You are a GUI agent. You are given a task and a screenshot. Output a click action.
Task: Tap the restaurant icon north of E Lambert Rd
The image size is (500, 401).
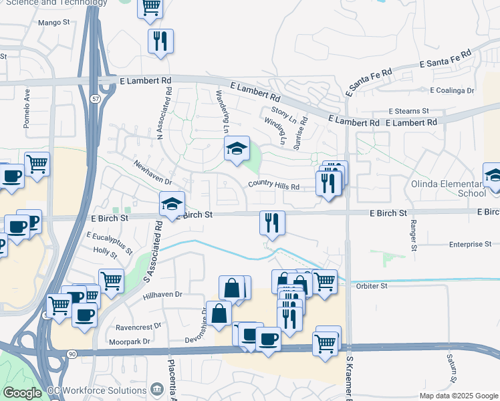(x=161, y=41)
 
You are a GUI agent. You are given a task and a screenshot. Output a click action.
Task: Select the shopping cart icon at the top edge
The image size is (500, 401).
(x=150, y=7)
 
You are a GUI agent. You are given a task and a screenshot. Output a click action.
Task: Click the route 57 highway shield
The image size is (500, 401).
(x=96, y=98)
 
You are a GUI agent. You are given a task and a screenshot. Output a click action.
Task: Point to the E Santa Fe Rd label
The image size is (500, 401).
(x=445, y=61)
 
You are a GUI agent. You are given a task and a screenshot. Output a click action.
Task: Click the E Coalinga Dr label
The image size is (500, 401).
(x=452, y=90)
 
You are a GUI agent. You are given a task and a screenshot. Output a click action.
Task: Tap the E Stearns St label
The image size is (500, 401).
(x=408, y=111)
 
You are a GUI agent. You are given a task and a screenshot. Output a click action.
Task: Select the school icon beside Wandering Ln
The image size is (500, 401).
(x=236, y=150)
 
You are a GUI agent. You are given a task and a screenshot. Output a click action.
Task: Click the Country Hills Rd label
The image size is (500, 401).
(x=273, y=186)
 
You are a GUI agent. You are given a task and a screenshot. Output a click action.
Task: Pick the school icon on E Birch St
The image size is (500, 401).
(x=172, y=205)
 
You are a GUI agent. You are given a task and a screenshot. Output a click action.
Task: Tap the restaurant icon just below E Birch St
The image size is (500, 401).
(x=272, y=223)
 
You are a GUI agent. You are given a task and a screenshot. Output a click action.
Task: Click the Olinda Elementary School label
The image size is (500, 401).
(x=459, y=188)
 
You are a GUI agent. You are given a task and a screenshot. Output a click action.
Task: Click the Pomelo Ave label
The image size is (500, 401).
(x=27, y=108)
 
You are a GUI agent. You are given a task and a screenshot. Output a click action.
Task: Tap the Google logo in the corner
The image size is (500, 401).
(x=22, y=393)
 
